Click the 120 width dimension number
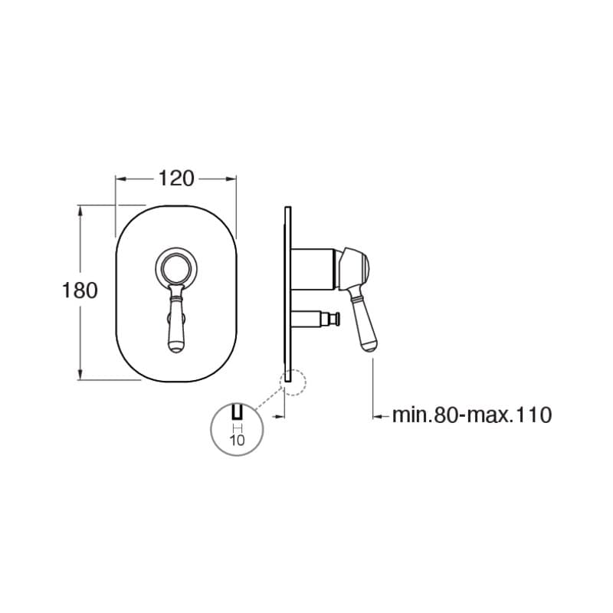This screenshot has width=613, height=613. tap(176, 179)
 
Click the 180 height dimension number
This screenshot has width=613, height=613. tap(80, 290)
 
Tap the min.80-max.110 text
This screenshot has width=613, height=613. tap(472, 415)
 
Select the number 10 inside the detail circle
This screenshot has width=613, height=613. tap(238, 440)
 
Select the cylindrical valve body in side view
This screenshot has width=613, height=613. tap(313, 269)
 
